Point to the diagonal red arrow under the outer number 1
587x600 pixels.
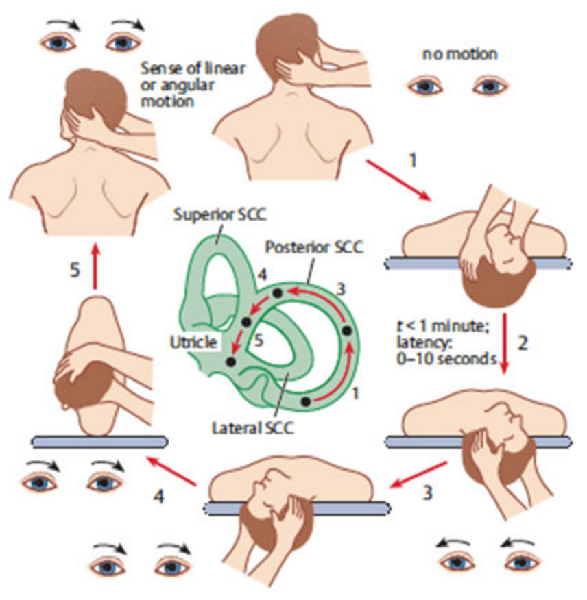tap(398, 180)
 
